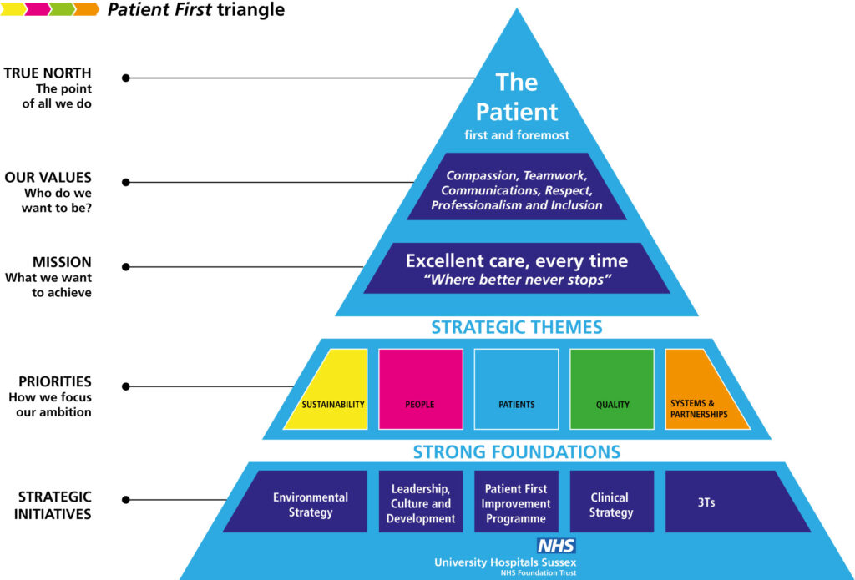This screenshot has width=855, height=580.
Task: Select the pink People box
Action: pyautogui.click(x=421, y=389)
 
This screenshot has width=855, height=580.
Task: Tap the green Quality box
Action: pyautogui.click(x=612, y=389)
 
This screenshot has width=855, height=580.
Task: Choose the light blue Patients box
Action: pyautogui.click(x=516, y=389)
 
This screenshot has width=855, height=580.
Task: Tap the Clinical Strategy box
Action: pyautogui.click(x=612, y=502)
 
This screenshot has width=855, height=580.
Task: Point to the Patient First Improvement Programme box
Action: pyautogui.click(x=516, y=502)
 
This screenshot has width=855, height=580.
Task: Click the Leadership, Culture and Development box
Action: pyautogui.click(x=421, y=502)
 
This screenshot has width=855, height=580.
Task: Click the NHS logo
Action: pyautogui.click(x=556, y=546)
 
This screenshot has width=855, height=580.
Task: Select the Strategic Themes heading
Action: pyautogui.click(x=516, y=327)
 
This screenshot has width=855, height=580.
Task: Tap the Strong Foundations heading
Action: pyautogui.click(x=516, y=451)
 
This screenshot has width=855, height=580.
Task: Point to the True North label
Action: pyautogui.click(x=48, y=73)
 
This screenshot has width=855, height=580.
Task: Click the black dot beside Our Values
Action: pyautogui.click(x=126, y=182)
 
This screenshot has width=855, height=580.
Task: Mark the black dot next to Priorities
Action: pyautogui.click(x=126, y=386)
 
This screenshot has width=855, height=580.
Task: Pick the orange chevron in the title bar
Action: pyautogui.click(x=86, y=8)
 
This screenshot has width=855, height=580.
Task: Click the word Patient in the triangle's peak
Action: pyautogui.click(x=516, y=112)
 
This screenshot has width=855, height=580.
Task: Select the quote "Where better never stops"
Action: pyautogui.click(x=517, y=280)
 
